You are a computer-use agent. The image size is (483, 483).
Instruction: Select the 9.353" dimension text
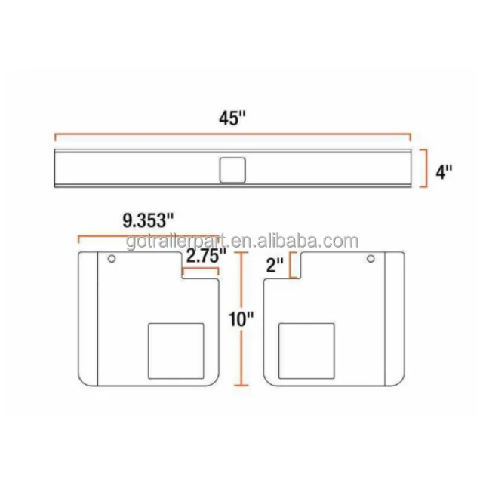147,221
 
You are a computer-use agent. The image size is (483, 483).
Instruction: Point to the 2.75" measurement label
206,256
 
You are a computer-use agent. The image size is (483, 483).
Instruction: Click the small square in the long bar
232,169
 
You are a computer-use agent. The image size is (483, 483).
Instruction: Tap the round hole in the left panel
112,260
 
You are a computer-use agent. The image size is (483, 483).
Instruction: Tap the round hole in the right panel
371,260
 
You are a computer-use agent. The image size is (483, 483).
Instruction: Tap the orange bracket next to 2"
294,266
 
